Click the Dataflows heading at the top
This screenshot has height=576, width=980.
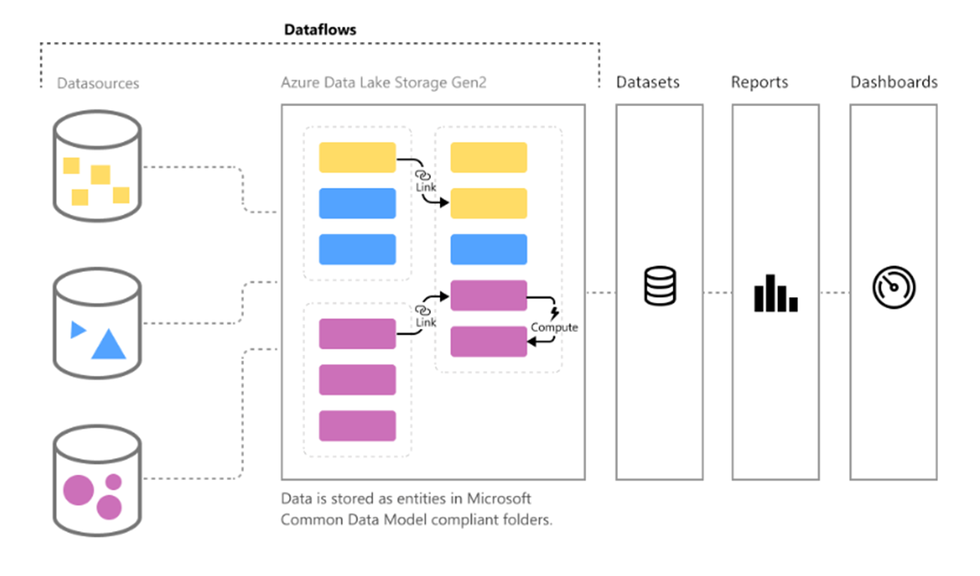pyautogui.click(x=320, y=29)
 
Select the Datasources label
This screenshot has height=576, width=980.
pyautogui.click(x=97, y=83)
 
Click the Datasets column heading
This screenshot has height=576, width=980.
pyautogui.click(x=647, y=82)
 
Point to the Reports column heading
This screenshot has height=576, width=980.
pyautogui.click(x=759, y=82)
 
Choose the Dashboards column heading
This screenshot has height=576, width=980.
pyautogui.click(x=894, y=82)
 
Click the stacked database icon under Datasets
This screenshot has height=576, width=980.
pyautogui.click(x=659, y=286)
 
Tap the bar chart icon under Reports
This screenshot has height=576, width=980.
pyautogui.click(x=775, y=293)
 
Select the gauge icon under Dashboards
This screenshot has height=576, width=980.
pyautogui.click(x=894, y=286)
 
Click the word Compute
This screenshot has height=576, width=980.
pyautogui.click(x=554, y=327)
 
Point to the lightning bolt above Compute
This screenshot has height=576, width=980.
pyautogui.click(x=554, y=314)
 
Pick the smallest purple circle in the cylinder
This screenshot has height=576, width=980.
pyautogui.click(x=113, y=482)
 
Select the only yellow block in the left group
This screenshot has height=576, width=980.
pyautogui.click(x=357, y=158)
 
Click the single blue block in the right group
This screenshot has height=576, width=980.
pyautogui.click(x=488, y=250)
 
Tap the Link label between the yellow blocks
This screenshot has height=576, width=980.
pyautogui.click(x=425, y=187)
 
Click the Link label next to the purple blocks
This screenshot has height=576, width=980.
pyautogui.click(x=425, y=322)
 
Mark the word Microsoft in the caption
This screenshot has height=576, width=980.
pyautogui.click(x=498, y=499)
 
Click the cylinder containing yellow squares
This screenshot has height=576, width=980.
pyautogui.click(x=97, y=166)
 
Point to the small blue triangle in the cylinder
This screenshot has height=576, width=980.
pyautogui.click(x=77, y=330)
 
